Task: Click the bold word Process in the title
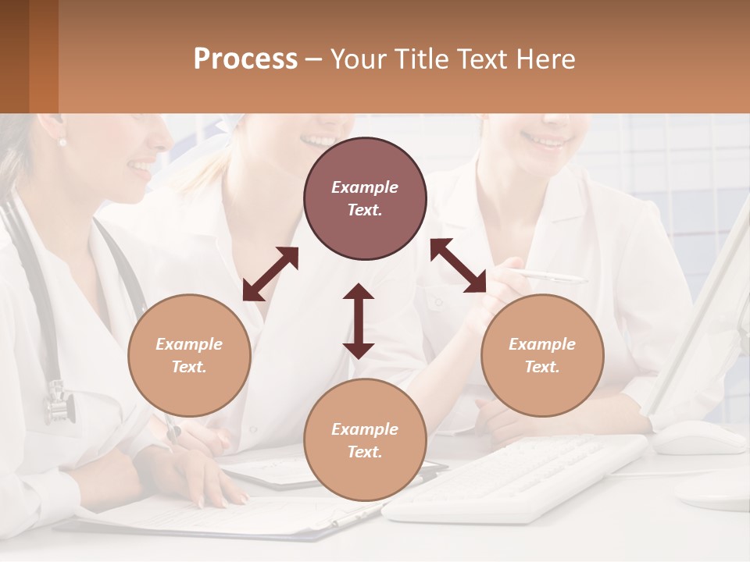tap(245, 59)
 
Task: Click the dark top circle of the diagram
tap(365, 199)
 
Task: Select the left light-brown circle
tap(189, 355)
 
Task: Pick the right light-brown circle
tap(542, 355)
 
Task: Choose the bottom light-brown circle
tap(365, 440)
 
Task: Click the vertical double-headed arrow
tap(359, 321)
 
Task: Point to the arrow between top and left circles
tap(270, 274)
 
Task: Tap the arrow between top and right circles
tap(458, 265)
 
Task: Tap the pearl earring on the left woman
tap(62, 142)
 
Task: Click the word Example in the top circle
tap(365, 187)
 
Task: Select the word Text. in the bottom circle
tap(365, 452)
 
